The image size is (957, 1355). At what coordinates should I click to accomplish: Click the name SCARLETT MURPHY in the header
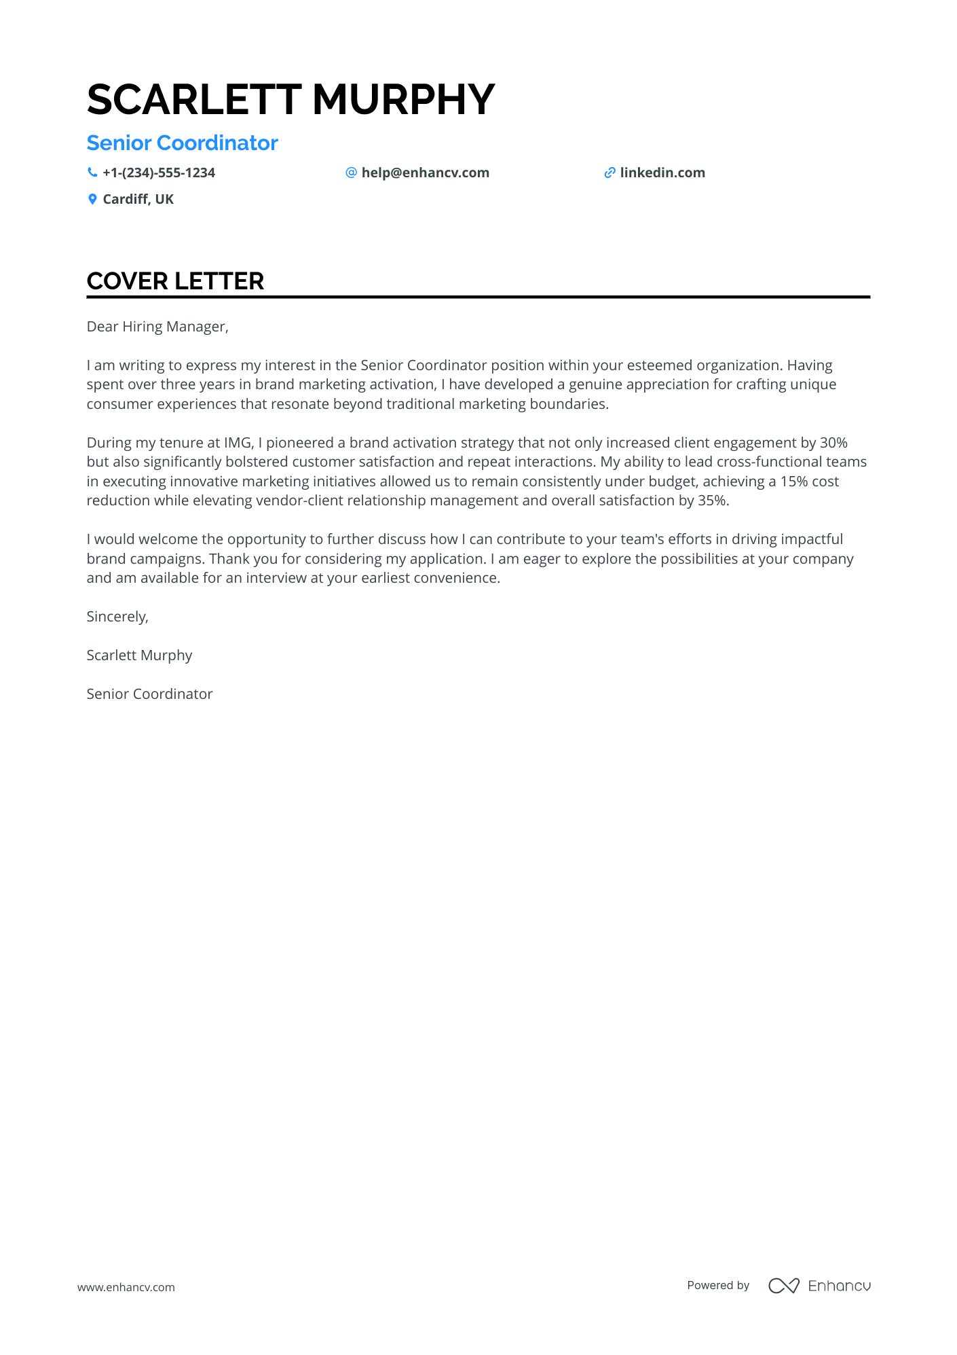[x=290, y=100]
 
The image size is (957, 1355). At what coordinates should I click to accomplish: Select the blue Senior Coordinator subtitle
[x=182, y=143]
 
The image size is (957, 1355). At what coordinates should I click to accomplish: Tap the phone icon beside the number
[x=92, y=173]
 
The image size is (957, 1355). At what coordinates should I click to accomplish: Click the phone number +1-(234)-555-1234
[x=159, y=173]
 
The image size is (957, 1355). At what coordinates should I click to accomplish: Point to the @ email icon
[x=351, y=173]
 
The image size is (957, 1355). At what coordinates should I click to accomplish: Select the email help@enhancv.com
[x=425, y=173]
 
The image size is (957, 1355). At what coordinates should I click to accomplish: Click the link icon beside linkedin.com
[x=609, y=173]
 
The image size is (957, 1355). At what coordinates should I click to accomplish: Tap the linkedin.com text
[x=662, y=173]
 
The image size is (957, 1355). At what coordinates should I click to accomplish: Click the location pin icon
[x=92, y=199]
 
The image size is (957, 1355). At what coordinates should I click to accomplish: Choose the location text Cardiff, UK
[x=138, y=199]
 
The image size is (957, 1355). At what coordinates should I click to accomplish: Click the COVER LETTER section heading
[x=175, y=281]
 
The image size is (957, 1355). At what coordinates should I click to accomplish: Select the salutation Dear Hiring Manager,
[x=157, y=327]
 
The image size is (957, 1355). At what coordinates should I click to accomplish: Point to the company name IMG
[x=238, y=443]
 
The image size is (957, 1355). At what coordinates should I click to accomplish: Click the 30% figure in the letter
[x=833, y=443]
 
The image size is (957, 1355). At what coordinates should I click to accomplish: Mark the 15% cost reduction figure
[x=793, y=482]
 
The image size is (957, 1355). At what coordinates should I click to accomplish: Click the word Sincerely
[x=117, y=617]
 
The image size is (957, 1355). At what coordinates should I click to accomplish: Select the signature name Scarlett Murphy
[x=139, y=655]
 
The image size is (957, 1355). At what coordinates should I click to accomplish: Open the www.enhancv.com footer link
[x=126, y=1287]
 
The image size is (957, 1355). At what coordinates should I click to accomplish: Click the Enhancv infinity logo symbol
[x=783, y=1286]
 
